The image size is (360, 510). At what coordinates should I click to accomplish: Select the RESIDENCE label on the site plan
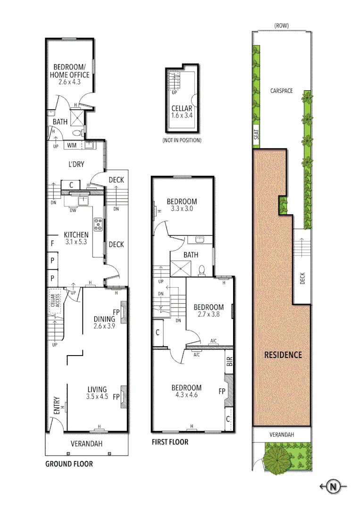283,355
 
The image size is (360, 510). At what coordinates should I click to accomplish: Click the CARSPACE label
282,91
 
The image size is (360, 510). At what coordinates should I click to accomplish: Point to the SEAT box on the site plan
257,137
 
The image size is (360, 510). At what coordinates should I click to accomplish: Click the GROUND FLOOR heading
69,464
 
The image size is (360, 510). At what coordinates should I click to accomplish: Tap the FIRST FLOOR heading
170,442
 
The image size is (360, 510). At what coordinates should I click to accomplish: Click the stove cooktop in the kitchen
99,224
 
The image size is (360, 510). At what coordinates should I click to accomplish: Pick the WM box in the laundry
72,145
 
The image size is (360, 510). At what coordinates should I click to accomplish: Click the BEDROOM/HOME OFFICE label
71,75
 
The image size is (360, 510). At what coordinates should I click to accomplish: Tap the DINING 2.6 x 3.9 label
104,323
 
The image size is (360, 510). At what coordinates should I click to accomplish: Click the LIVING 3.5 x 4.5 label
97,393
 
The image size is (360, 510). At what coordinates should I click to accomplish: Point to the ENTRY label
57,405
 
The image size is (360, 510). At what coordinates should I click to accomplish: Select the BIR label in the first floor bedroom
230,362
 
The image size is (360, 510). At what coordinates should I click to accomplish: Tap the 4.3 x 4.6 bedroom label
186,391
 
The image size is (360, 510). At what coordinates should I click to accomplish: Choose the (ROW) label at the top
281,25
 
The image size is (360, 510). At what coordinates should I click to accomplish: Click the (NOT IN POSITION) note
182,140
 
